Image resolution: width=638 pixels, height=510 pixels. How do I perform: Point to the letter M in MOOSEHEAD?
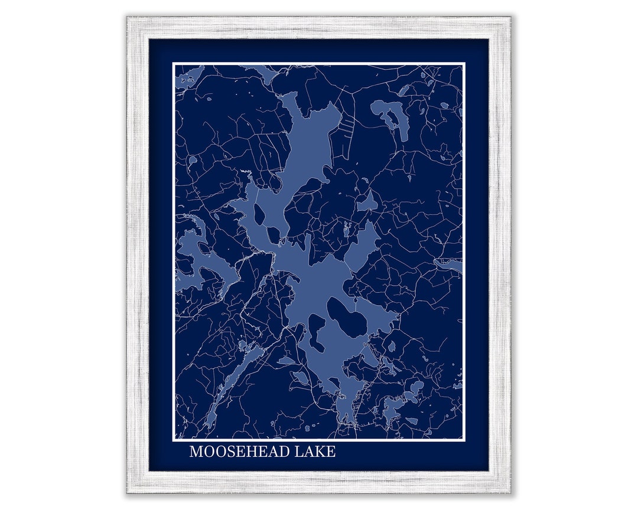click(196, 452)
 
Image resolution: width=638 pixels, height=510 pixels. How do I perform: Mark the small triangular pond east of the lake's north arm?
click(367, 202)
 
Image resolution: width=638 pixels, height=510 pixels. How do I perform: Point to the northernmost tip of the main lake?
click(289, 94)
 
